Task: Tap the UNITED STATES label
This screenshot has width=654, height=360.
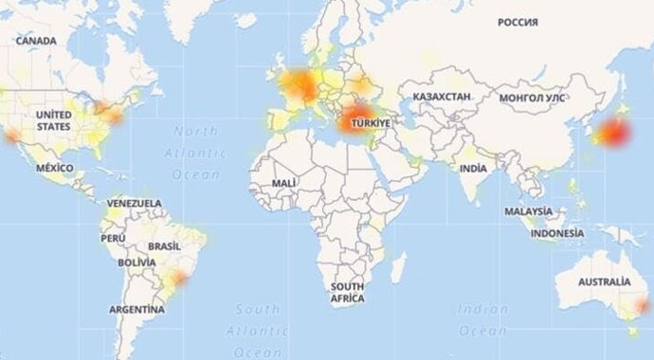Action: pos(53,119)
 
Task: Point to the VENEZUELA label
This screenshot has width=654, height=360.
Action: pos(134,204)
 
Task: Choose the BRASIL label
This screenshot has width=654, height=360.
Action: pos(165,244)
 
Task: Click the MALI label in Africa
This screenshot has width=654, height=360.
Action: pos(283,181)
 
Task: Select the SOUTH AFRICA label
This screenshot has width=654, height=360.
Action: pos(348,292)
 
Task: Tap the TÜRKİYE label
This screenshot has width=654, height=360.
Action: pos(366,124)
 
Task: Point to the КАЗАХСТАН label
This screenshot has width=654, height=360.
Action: pos(441,98)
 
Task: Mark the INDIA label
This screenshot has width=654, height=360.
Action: pos(473,168)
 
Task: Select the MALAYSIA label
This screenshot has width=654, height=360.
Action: pos(528,211)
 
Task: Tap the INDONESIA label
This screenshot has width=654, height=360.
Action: pos(557,233)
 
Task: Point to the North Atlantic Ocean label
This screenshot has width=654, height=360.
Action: pos(202,151)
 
